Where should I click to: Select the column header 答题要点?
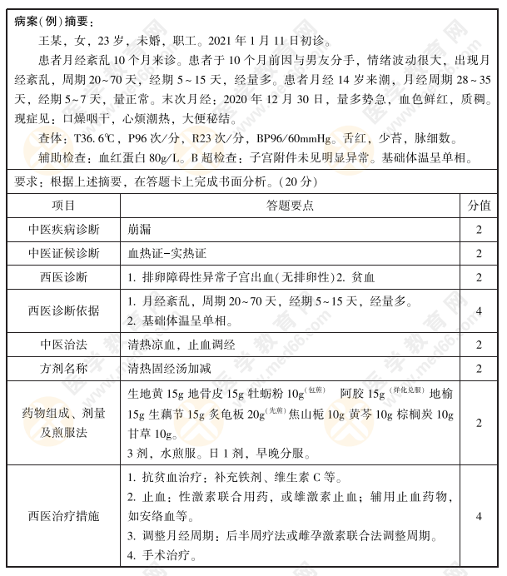point(291,205)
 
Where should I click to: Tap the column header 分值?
point(479,205)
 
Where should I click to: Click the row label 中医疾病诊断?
point(63,229)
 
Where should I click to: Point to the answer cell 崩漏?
point(140,229)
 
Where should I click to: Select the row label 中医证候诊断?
point(63,253)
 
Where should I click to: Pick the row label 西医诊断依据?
point(63,310)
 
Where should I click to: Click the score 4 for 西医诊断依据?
point(479,310)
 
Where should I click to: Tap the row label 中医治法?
point(63,344)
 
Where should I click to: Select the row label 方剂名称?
point(63,367)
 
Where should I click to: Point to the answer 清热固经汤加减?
point(173,367)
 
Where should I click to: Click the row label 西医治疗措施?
point(63,516)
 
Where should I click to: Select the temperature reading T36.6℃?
point(94,138)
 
